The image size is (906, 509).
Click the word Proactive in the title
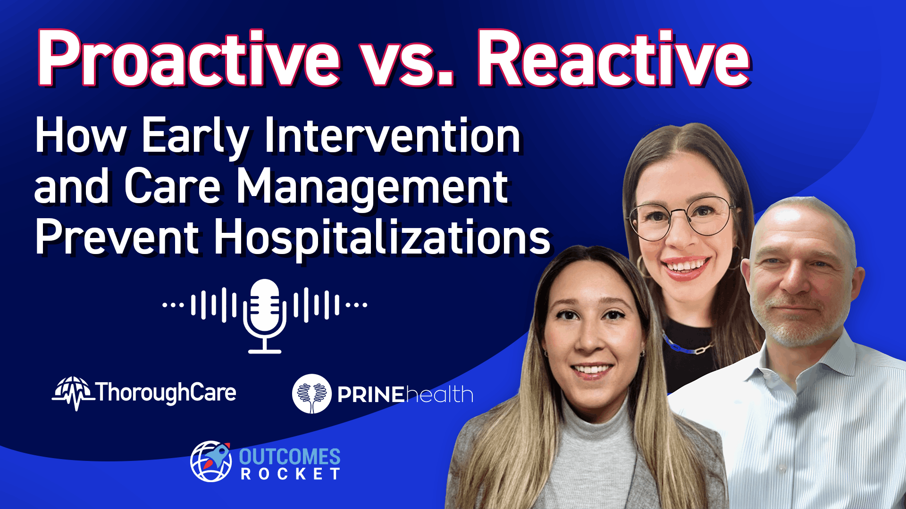[189, 59]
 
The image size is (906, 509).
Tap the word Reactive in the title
[613, 59]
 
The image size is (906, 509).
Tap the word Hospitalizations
[382, 238]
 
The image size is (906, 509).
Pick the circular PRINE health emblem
[311, 394]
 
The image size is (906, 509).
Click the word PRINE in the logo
[371, 395]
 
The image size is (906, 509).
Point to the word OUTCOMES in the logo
[290, 457]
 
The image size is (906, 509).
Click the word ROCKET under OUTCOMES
[290, 474]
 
